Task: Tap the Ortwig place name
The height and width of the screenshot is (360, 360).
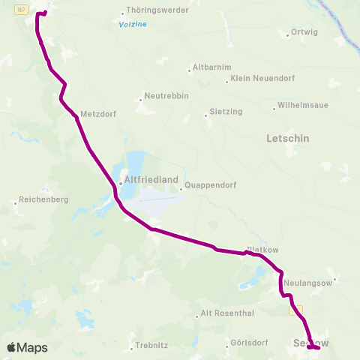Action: [x=306, y=32]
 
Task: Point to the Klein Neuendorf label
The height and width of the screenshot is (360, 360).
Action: [x=260, y=79]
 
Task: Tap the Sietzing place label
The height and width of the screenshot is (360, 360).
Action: [x=226, y=112]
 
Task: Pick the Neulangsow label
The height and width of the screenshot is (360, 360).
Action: [x=309, y=283]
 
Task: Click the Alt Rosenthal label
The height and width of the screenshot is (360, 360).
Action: [x=228, y=313]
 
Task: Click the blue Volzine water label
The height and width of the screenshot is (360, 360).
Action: [x=133, y=25]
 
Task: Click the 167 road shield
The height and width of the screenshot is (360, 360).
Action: [x=22, y=9]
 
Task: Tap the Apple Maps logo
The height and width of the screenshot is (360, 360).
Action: [x=27, y=348]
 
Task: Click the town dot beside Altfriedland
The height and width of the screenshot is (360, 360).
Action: [x=120, y=182]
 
